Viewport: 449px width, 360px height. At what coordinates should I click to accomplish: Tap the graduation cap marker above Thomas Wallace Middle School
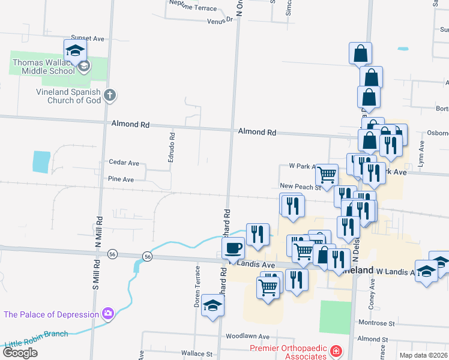point(75,50)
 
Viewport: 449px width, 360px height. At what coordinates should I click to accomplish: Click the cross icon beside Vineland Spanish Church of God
point(109,95)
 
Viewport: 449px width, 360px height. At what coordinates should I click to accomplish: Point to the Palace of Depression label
point(50,314)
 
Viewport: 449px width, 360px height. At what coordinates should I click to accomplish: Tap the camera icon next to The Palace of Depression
point(108,313)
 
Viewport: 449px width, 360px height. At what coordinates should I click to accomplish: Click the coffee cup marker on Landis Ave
point(234,247)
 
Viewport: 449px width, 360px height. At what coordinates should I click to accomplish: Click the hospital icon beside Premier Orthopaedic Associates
point(336,351)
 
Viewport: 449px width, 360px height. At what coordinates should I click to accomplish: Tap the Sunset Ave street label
point(88,38)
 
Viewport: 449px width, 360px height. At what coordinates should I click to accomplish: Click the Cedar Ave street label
point(124,163)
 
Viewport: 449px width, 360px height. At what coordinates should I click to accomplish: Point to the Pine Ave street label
point(121,179)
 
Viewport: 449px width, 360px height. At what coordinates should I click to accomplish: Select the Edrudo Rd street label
point(172,144)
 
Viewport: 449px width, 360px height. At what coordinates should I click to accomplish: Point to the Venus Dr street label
point(220,20)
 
